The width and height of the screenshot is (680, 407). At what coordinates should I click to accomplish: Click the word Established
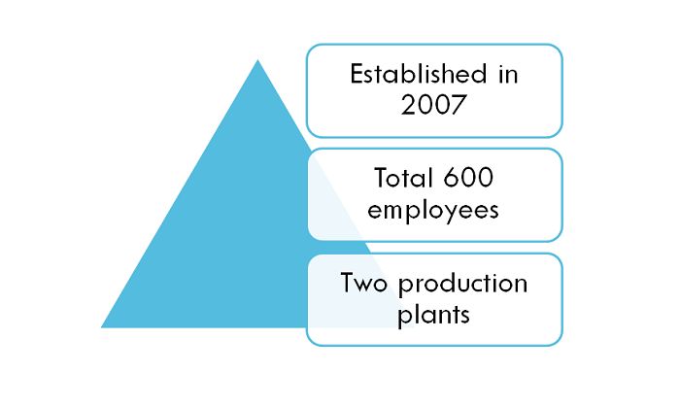point(419,74)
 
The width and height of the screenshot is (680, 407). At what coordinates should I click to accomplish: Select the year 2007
point(433,105)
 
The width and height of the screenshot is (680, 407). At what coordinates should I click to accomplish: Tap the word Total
point(404,178)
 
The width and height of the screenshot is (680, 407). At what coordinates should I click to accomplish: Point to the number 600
point(469,178)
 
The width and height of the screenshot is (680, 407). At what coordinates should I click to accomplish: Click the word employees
point(433,211)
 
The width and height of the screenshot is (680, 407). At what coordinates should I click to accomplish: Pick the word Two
point(363,283)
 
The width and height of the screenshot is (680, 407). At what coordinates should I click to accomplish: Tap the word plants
point(433,316)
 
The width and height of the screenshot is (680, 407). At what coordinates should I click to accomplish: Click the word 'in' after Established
point(508,74)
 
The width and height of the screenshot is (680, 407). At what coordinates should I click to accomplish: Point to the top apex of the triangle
point(258,60)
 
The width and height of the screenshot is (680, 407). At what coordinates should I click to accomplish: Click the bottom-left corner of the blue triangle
point(101,327)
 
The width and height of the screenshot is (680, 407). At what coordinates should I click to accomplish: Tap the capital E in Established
point(357,74)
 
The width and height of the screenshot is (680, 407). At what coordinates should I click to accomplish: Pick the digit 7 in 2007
point(458,105)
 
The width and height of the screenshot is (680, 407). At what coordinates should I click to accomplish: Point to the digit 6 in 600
point(452,178)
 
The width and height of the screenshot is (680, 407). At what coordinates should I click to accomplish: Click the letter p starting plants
point(404,319)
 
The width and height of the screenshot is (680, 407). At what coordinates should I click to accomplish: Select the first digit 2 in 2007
point(409,105)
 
